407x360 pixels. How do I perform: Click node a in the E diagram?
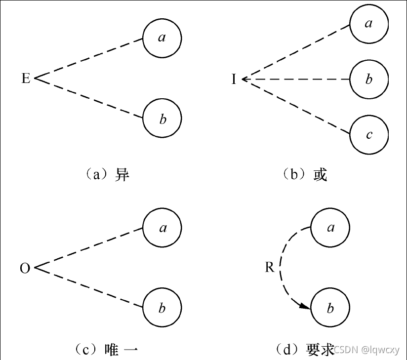tap(162, 38)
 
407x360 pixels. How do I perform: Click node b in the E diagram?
tap(162, 119)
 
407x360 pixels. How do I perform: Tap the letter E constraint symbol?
tap(26, 79)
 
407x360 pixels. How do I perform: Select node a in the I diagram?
tap(368, 23)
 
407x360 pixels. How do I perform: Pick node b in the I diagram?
tap(368, 79)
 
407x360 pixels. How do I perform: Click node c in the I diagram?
tap(368, 135)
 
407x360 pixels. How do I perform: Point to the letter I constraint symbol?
tap(234, 79)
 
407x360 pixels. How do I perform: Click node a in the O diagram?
tap(162, 228)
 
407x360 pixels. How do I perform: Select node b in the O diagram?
tap(162, 309)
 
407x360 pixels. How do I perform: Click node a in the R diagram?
tap(330, 228)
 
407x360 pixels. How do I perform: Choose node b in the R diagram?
tap(330, 309)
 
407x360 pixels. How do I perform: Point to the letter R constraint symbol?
tap(269, 268)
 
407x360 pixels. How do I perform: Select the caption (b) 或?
tap(305, 175)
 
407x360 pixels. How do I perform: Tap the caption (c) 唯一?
tap(107, 350)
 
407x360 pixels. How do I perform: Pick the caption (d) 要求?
tap(305, 350)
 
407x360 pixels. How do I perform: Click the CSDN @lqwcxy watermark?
tap(366, 350)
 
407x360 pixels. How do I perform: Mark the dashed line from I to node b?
tap(296, 79)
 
